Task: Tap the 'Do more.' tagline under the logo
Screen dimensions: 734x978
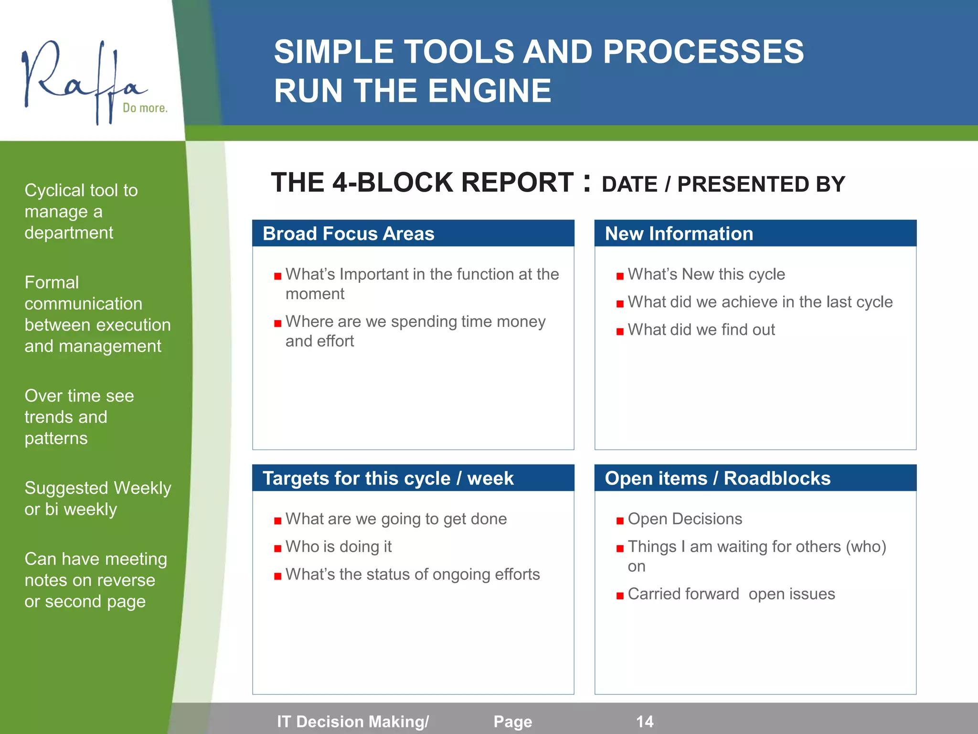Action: tap(145, 108)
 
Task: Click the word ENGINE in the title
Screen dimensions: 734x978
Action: tap(489, 91)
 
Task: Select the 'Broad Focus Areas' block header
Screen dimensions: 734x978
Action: tap(348, 234)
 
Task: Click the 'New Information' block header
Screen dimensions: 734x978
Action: tap(679, 234)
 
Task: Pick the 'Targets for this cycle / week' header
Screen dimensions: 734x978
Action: tap(388, 478)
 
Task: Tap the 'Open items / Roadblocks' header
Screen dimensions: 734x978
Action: tap(717, 478)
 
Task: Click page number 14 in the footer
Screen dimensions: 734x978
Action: tap(644, 721)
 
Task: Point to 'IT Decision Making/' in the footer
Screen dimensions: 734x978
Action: tap(353, 721)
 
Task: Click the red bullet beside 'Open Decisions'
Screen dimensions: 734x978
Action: tap(620, 521)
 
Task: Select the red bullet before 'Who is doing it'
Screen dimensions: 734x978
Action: tap(277, 549)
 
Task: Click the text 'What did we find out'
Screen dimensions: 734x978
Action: tap(701, 330)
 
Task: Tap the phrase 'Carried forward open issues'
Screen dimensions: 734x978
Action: tap(731, 594)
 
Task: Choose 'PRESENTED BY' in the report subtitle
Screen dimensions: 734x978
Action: tap(761, 184)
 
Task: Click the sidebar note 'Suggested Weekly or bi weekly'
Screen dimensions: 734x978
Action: tap(97, 498)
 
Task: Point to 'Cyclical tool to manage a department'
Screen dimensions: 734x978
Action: tap(81, 211)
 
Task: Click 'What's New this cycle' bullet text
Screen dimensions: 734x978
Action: tap(706, 274)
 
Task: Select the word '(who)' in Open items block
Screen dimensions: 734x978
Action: tap(866, 547)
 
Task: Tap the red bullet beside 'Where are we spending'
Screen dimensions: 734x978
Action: tap(277, 324)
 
